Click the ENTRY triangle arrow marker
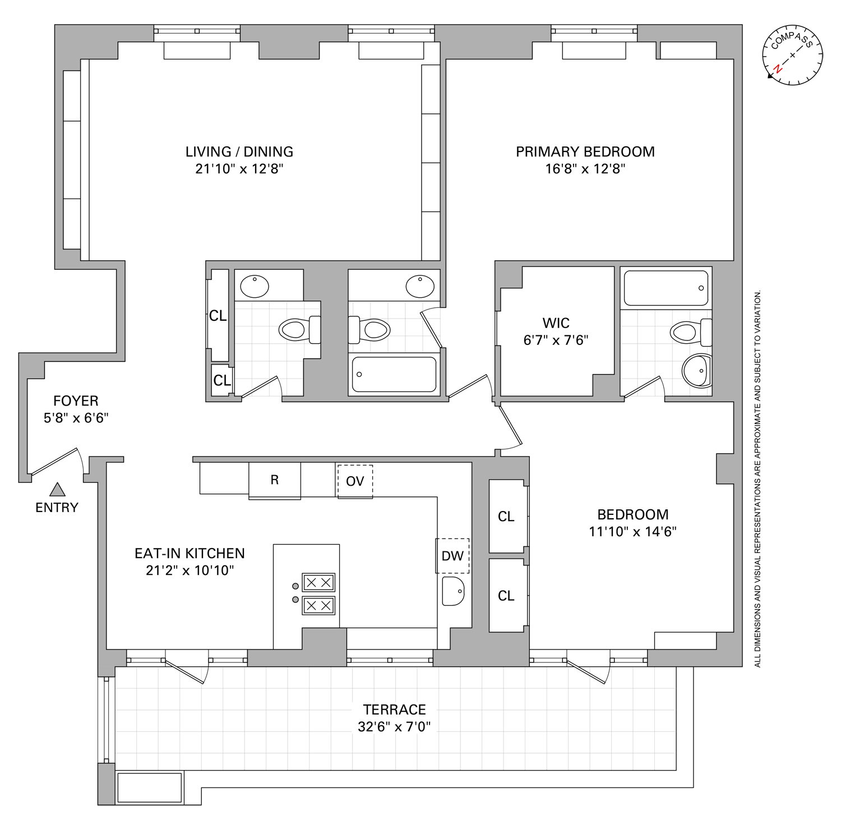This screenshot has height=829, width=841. coord(57,490)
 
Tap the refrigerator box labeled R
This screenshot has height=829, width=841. coord(275,480)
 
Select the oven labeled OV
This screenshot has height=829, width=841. coord(355,481)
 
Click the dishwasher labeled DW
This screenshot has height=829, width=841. coord(452,556)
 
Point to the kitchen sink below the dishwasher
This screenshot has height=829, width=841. coord(453,591)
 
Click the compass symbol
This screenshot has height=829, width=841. coord(792,56)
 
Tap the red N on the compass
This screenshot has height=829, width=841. coord(778,70)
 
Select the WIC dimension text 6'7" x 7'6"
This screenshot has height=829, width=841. coord(556,340)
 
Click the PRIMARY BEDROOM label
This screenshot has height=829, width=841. coord(585,152)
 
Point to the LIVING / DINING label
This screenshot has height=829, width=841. coord(239,152)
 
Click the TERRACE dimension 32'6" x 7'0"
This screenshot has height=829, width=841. coord(394,727)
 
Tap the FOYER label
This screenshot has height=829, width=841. coord(76,401)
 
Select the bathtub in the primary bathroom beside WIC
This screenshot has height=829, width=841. coord(666,288)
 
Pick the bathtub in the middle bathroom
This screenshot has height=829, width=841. coord(394,374)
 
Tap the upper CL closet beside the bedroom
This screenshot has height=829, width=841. coord(506,517)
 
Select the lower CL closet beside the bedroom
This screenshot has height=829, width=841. coord(506,596)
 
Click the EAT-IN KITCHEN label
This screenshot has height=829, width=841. coord(190,554)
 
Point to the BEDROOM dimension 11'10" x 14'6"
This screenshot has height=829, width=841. coord(632,532)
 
